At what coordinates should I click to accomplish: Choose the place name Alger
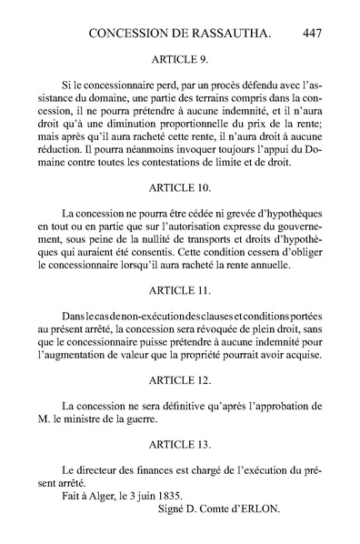coord(95,495)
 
